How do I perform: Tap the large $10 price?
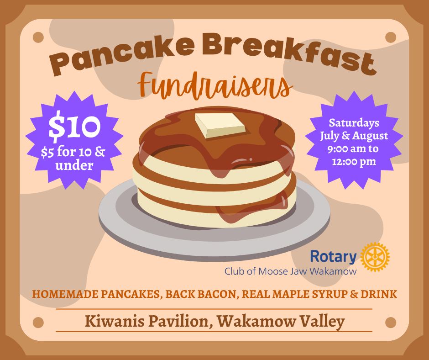74,127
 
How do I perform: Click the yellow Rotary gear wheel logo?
375,257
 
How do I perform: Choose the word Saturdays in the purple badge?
354,123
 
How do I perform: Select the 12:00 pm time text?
354,162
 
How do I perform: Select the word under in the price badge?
74,165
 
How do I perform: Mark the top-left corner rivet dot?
38,37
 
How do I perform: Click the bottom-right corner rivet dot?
391,323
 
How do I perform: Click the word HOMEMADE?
65,294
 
